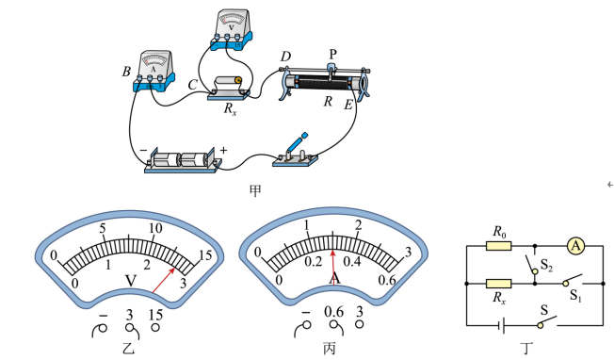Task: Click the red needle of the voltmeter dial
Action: pyautogui.click(x=164, y=281)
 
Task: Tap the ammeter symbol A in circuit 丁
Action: pyautogui.click(x=575, y=246)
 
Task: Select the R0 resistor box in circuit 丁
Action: pyautogui.click(x=498, y=246)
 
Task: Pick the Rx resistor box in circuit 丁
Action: pyautogui.click(x=498, y=284)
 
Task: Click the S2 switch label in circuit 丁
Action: pyautogui.click(x=546, y=265)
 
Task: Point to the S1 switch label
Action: pyautogui.click(x=575, y=295)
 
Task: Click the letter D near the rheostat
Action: pyautogui.click(x=285, y=57)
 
